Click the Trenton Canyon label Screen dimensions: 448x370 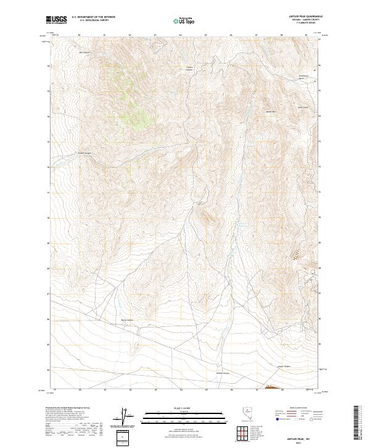pyautogui.click(x=190, y=67)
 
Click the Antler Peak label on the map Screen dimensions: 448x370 pyautogui.click(x=270, y=111)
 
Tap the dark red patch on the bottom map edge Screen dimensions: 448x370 pyautogui.click(x=271, y=389)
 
